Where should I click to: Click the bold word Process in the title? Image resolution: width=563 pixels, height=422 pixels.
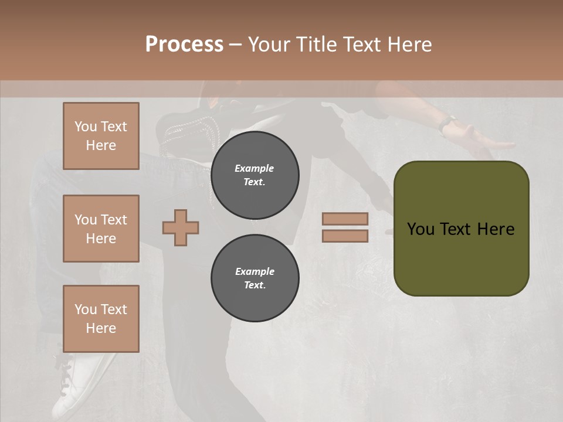pyautogui.click(x=184, y=45)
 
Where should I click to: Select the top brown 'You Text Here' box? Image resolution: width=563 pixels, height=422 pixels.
pyautogui.click(x=101, y=136)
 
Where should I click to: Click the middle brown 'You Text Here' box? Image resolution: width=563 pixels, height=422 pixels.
pyautogui.click(x=101, y=229)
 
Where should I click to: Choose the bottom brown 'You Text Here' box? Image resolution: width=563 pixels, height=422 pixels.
pyautogui.click(x=101, y=319)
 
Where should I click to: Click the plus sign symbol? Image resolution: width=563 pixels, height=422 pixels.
pyautogui.click(x=181, y=227)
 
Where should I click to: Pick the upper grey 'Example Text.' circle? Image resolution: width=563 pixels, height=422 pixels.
pyautogui.click(x=255, y=175)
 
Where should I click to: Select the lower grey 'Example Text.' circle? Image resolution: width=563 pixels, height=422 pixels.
pyautogui.click(x=255, y=278)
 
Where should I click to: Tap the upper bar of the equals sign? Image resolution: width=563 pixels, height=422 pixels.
pyautogui.click(x=345, y=219)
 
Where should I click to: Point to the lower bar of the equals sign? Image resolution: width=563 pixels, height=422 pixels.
pyautogui.click(x=345, y=236)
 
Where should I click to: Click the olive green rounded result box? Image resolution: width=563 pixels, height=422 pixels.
pyautogui.click(x=461, y=258)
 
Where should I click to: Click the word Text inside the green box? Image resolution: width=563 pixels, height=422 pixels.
pyautogui.click(x=456, y=229)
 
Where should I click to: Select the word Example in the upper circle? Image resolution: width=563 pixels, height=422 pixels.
pyautogui.click(x=255, y=168)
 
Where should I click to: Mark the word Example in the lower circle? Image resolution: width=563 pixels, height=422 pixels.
pyautogui.click(x=255, y=271)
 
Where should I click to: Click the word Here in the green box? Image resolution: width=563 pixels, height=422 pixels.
pyautogui.click(x=496, y=229)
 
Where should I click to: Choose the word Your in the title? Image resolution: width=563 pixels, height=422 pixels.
pyautogui.click(x=269, y=45)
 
